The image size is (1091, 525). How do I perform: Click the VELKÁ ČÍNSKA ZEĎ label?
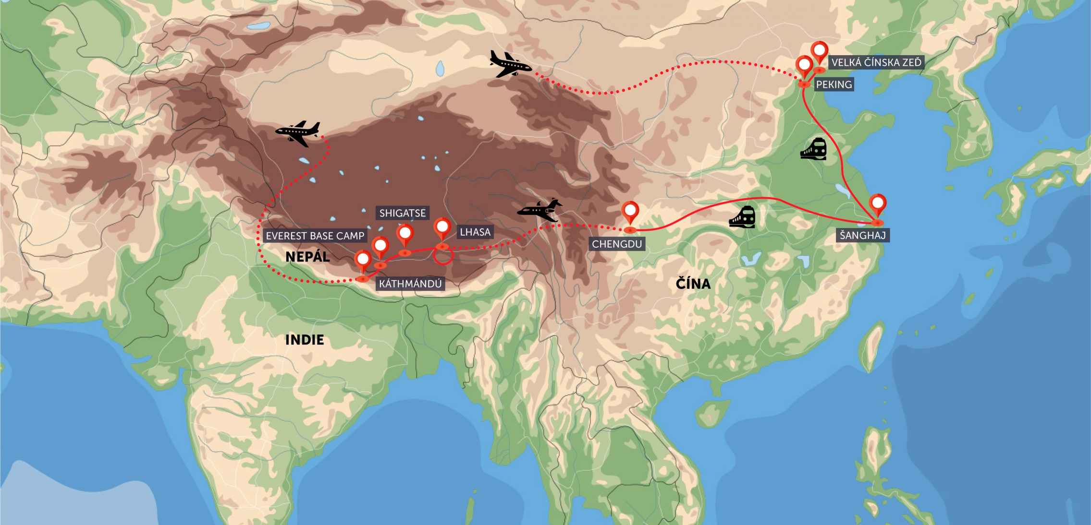tap(876, 62)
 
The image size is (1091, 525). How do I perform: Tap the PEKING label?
tap(834, 84)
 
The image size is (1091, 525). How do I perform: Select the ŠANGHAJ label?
tap(863, 235)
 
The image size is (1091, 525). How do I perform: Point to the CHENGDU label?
tap(617, 244)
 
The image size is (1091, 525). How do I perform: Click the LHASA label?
tap(475, 232)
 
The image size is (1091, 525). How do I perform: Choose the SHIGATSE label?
tap(403, 213)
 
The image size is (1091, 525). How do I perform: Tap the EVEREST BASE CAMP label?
tap(315, 236)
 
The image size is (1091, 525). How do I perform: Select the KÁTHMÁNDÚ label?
tap(410, 284)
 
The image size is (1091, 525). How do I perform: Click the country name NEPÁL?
tap(307, 257)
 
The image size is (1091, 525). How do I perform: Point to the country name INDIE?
tap(305, 340)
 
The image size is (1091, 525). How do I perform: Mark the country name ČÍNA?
tap(693, 284)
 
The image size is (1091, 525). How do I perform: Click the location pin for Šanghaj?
tap(878, 205)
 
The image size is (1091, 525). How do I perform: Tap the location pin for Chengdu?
tap(630, 212)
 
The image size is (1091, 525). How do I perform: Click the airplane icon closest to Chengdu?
tap(540, 210)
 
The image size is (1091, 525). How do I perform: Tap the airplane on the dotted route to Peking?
tap(510, 64)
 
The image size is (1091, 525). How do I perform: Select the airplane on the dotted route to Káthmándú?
tap(298, 133)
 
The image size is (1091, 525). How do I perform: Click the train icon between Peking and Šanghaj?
tap(813, 149)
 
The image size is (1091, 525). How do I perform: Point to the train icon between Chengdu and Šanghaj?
tap(742, 217)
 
